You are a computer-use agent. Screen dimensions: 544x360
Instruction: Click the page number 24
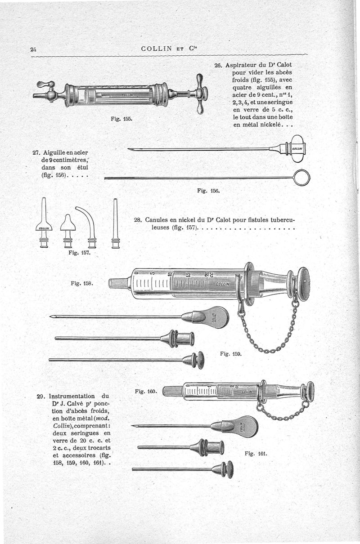(x=33, y=49)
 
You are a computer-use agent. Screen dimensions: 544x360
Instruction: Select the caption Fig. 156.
(x=208, y=191)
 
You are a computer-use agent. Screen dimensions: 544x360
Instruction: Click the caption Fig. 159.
(x=231, y=353)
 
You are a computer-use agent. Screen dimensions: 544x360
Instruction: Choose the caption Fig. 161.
(x=256, y=453)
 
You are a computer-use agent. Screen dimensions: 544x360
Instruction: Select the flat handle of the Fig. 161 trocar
(x=243, y=426)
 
